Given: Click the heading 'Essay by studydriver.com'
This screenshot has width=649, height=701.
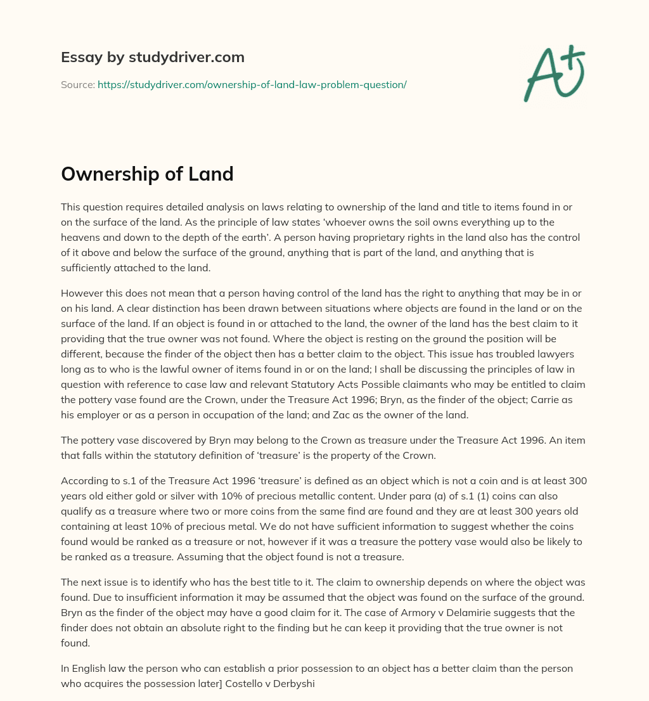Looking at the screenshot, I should [152, 57].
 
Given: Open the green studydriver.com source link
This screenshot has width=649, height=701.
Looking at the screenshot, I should [252, 84].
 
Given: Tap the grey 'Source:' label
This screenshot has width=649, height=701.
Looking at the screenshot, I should [77, 84].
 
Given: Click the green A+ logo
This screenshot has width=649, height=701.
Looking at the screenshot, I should [553, 74].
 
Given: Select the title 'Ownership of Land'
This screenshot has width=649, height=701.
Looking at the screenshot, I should [147, 174].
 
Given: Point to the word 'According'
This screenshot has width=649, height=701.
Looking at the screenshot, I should [85, 480].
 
